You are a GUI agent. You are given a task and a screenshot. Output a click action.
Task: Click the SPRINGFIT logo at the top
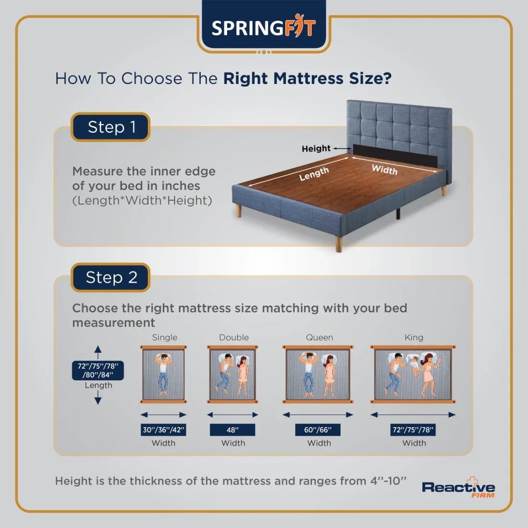[x=264, y=27]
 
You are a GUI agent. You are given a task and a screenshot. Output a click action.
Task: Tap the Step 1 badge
[x=111, y=127]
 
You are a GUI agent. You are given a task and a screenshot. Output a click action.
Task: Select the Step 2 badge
[x=111, y=277]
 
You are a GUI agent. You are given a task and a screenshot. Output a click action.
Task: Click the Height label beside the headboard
[x=316, y=149]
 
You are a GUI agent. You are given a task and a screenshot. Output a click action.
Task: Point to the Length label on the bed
[x=314, y=174]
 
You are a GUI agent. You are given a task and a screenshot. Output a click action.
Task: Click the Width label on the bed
[x=384, y=169]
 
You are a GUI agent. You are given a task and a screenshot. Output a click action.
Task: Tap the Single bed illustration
[x=164, y=374]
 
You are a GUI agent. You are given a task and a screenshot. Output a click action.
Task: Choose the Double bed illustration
[x=233, y=374]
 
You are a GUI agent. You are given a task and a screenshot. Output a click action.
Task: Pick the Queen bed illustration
[x=318, y=374]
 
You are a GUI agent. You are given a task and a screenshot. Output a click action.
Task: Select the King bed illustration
[x=413, y=374]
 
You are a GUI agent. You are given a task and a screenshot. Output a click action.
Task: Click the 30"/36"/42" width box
[x=164, y=430]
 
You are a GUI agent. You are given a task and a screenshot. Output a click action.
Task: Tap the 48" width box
[x=233, y=430]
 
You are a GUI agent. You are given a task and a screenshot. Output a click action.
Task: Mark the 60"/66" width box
[x=318, y=430]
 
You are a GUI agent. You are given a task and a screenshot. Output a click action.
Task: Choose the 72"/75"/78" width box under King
[x=413, y=430]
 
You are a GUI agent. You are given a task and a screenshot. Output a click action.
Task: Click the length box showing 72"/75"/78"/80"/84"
[x=98, y=370]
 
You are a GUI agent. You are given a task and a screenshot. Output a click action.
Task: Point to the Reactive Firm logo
[x=458, y=489]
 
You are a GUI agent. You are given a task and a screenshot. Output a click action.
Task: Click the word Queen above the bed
[x=319, y=337]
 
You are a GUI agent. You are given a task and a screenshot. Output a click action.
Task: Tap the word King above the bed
[x=414, y=337]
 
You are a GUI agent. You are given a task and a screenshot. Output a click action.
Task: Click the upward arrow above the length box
[x=98, y=351]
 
